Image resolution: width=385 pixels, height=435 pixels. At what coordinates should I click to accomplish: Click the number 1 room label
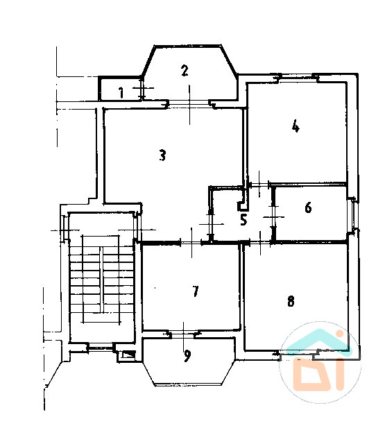click(x=121, y=92)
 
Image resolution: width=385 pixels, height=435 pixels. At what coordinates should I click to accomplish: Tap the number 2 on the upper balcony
click(x=185, y=71)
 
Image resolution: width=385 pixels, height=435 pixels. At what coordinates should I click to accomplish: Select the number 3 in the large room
click(x=162, y=155)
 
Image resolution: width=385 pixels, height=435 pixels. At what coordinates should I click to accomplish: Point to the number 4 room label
click(x=296, y=126)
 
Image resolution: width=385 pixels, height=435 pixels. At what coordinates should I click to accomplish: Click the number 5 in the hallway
click(x=243, y=219)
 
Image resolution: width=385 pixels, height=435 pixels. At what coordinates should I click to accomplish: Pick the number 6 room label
click(x=308, y=207)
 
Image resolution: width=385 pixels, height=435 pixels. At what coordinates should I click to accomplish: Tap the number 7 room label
click(x=196, y=291)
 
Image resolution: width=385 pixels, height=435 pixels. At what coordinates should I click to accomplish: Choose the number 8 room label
click(x=291, y=301)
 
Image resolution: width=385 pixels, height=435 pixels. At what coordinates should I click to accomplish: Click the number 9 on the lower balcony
click(x=187, y=356)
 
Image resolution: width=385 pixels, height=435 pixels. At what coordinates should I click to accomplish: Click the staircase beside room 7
click(x=101, y=278)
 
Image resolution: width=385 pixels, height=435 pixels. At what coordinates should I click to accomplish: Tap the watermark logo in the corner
click(x=320, y=362)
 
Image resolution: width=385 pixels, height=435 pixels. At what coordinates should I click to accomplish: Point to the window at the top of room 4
click(x=296, y=78)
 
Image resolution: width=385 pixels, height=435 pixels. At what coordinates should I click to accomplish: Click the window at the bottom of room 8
click(x=298, y=353)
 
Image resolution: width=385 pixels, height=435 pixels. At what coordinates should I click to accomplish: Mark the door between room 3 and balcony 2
click(x=190, y=103)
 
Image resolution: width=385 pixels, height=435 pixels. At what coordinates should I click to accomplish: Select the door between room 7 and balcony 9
click(x=183, y=334)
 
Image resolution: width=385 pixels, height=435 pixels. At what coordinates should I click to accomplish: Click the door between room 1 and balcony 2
click(x=142, y=88)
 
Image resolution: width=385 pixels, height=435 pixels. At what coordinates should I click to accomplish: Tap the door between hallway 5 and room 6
click(x=273, y=216)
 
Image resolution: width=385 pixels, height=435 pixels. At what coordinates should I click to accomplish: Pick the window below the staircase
click(x=101, y=347)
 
